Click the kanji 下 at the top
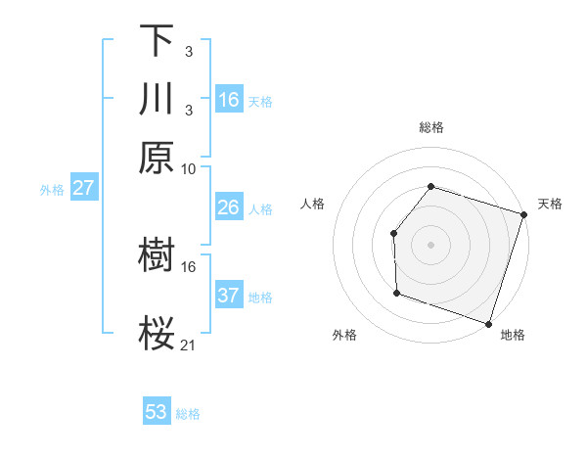[x=157, y=41]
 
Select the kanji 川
[x=157, y=100]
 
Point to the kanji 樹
[x=157, y=255]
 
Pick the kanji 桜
[x=157, y=332]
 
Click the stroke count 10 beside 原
[x=189, y=168]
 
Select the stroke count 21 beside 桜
[x=189, y=345]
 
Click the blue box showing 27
[x=83, y=188]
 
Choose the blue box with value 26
[x=228, y=207]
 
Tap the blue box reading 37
[x=228, y=296]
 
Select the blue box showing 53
[x=157, y=412]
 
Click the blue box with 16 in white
[x=228, y=100]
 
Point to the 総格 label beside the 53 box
[x=188, y=414]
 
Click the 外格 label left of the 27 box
[x=52, y=190]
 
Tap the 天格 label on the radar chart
[x=551, y=204]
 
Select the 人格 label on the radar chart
[x=313, y=204]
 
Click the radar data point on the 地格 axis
[x=488, y=323]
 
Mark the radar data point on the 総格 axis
[x=430, y=186]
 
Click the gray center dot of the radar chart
[x=430, y=244]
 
